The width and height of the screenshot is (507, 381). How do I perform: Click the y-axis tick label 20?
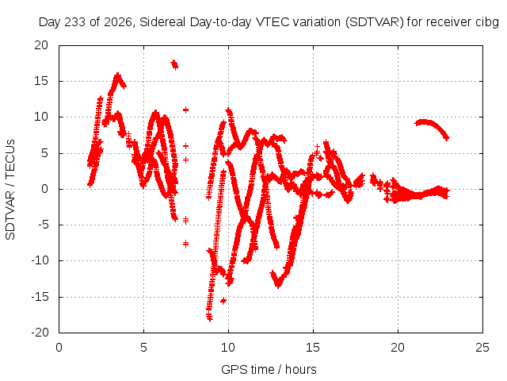tap(41, 45)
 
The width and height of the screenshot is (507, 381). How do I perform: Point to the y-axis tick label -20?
tap(40, 333)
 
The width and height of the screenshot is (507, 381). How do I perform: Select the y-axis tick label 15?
tap(41, 81)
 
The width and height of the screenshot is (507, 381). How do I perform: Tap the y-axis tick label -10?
tap(40, 260)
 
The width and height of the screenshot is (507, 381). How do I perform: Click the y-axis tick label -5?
tap(42, 225)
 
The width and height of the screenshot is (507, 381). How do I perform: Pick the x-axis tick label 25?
tap(482, 348)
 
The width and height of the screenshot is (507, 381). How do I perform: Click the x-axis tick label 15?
tap(313, 348)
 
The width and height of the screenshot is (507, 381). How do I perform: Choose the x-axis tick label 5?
tap(143, 348)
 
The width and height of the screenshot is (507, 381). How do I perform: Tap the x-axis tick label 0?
tap(59, 348)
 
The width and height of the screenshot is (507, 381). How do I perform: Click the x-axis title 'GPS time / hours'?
tap(269, 369)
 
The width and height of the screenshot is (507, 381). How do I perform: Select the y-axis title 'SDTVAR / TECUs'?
tap(10, 190)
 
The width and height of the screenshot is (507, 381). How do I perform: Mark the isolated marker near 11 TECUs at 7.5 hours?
tap(185, 110)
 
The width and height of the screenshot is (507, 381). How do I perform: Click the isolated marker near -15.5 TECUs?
tap(223, 301)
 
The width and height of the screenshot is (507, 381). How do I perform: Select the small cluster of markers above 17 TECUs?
tap(174, 64)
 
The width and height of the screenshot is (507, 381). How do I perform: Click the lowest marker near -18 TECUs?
tap(210, 319)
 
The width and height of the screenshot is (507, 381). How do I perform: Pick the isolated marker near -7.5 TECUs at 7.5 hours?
tap(185, 244)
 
